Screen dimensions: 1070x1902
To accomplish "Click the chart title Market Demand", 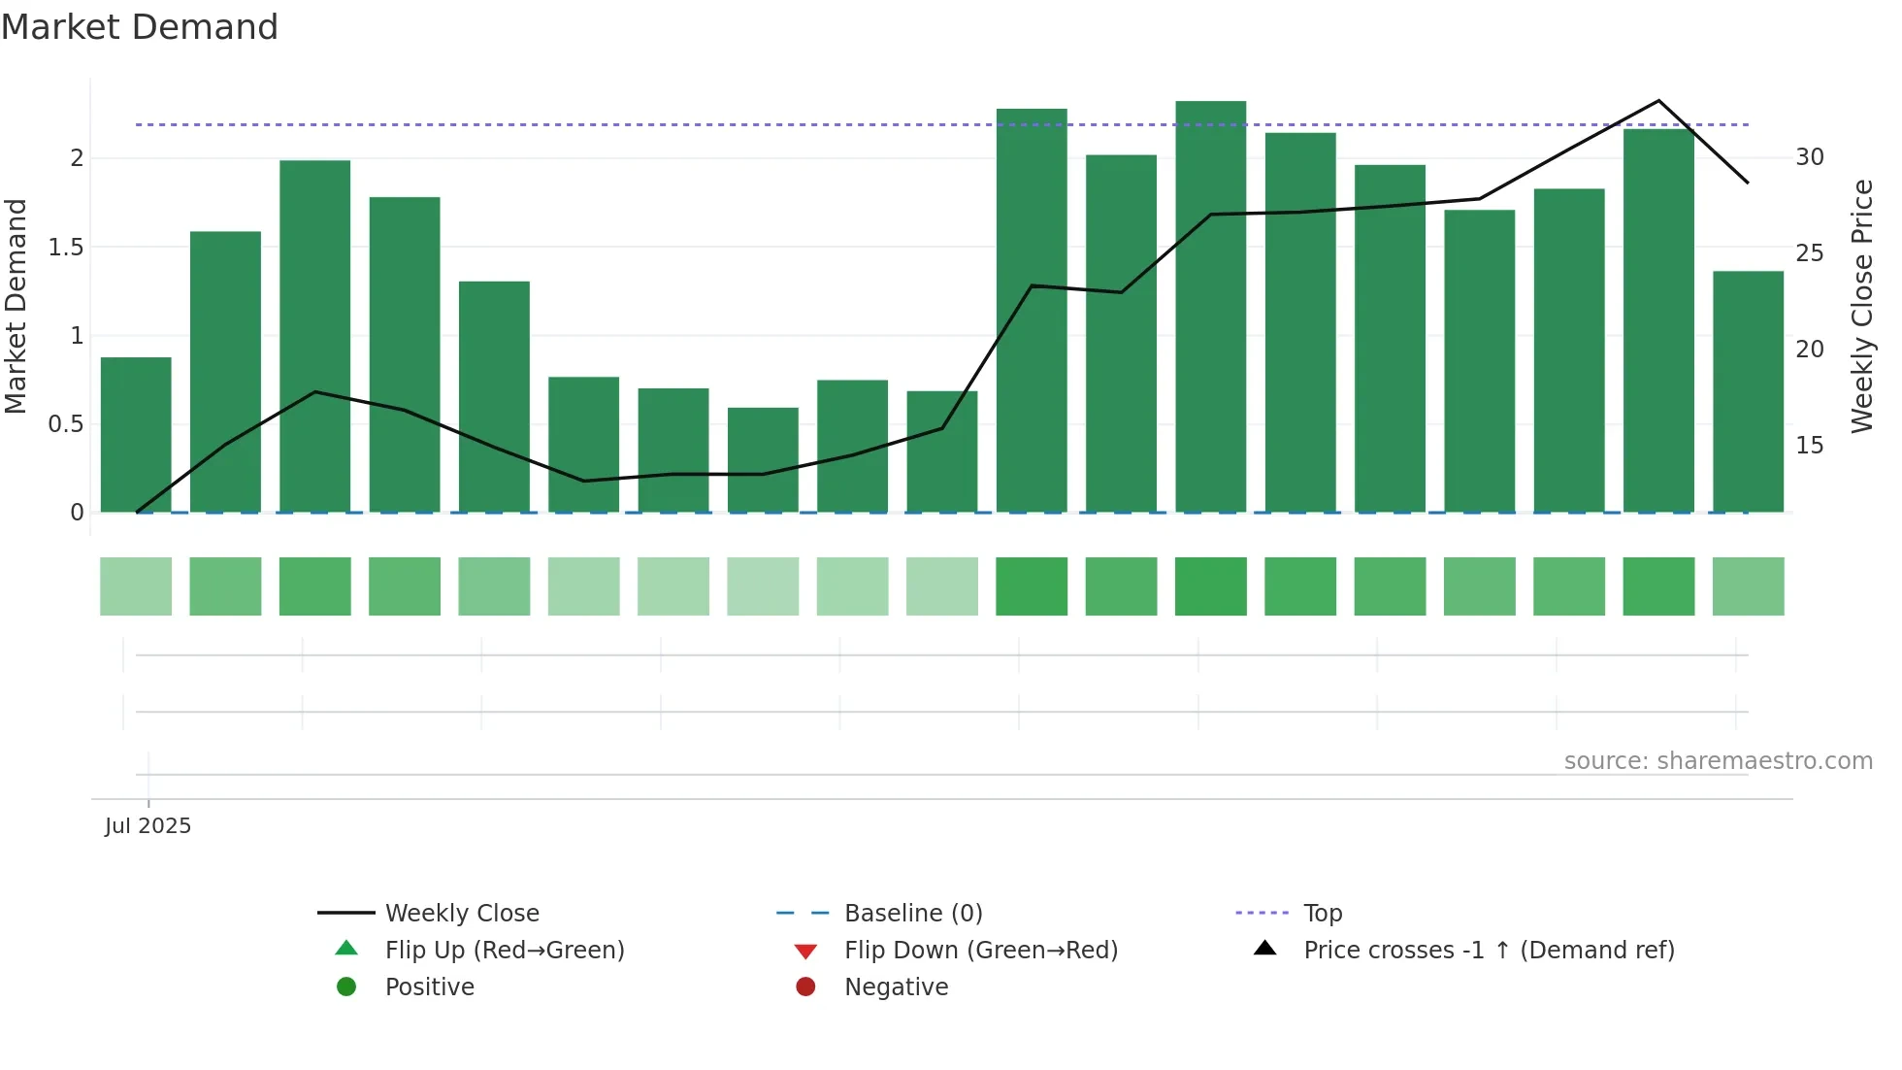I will tap(140, 27).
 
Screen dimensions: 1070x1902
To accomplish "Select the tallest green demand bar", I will tap(1210, 306).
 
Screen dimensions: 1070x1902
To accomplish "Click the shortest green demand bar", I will tap(763, 459).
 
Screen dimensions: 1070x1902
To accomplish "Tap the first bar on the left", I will tap(136, 434).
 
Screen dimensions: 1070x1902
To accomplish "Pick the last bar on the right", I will tap(1748, 391).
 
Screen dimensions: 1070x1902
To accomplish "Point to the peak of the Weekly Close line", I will tap(1658, 101).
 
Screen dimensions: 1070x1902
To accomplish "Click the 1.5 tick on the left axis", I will tap(66, 248).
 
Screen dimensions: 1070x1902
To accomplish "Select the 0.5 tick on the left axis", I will tap(66, 424).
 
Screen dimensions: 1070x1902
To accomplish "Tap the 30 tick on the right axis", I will tap(1810, 157).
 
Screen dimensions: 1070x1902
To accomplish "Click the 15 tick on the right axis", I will tap(1810, 446).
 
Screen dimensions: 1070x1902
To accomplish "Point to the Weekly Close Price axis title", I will tap(1861, 306).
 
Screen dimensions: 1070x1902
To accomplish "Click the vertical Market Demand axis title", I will tap(16, 306).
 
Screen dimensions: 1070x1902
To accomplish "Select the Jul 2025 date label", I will tap(148, 826).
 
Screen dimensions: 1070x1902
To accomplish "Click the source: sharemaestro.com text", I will tap(1718, 761).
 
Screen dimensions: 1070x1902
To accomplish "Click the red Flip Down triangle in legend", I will tap(805, 951).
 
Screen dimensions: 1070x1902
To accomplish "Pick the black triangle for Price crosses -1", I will tap(1265, 949).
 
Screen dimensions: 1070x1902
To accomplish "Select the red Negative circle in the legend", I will tap(805, 987).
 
